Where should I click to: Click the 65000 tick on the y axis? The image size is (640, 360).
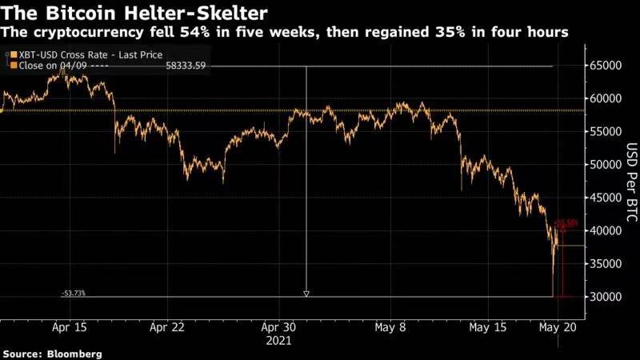[x=607, y=66]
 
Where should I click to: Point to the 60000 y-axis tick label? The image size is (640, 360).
[x=607, y=99]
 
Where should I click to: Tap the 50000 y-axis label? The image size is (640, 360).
[x=607, y=165]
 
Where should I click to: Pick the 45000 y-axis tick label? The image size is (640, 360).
[x=607, y=198]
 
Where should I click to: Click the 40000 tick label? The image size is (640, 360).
[x=607, y=230]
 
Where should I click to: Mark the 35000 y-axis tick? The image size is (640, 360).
[x=607, y=264]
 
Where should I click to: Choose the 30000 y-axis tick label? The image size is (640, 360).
[x=607, y=297]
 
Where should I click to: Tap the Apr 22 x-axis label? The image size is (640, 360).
[x=168, y=327]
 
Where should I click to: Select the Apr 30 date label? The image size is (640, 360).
[x=279, y=327]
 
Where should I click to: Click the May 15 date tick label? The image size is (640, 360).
[x=487, y=327]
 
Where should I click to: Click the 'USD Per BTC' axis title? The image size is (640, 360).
[x=631, y=181]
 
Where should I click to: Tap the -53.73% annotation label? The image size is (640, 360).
[x=73, y=294]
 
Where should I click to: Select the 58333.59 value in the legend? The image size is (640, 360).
[x=186, y=65]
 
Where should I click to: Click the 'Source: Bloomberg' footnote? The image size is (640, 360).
[x=52, y=353]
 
